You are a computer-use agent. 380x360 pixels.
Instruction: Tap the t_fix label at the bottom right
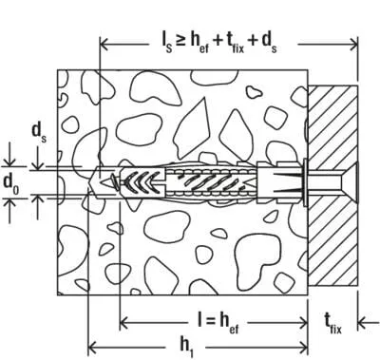pos(332,324)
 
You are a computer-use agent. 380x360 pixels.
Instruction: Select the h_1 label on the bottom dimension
pos(186,346)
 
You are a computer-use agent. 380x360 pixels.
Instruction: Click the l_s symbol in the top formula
pos(166,44)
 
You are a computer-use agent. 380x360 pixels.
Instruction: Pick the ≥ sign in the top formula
pos(181,41)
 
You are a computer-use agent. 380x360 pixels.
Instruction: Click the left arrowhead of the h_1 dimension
pos(92,348)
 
